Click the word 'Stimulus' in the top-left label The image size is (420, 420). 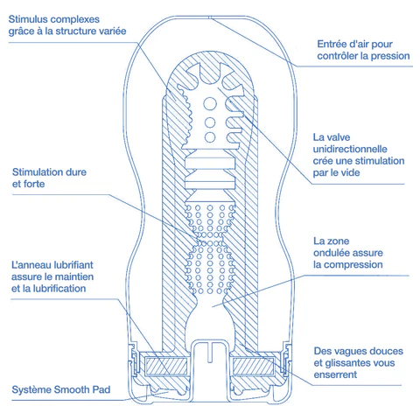coord(29,19)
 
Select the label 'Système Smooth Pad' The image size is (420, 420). coord(61,389)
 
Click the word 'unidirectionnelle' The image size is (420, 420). coord(350,149)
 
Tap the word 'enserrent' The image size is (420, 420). coord(335,374)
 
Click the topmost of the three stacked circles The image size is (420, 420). coord(210,103)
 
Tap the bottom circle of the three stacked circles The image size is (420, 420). coord(210,136)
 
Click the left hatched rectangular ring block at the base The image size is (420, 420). coord(166,367)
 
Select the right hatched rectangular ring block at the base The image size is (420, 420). coord(253,367)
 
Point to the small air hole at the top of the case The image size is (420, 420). coord(210,17)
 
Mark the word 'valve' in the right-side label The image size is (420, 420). coord(339,137)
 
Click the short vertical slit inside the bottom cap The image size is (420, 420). coord(210,352)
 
